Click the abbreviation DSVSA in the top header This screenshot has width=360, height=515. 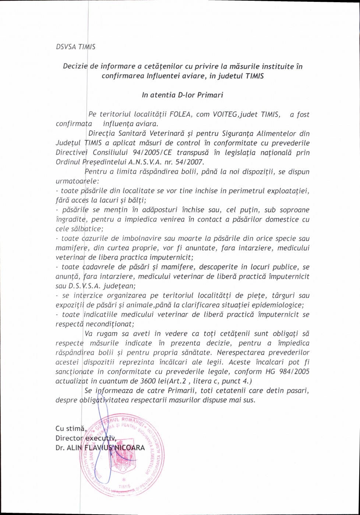64,47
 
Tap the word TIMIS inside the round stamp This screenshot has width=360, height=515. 125,486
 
